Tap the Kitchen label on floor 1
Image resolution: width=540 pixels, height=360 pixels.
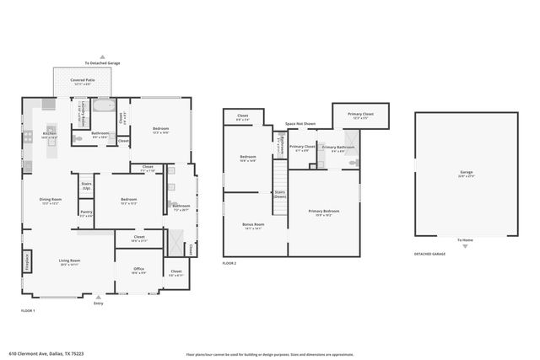tap(50, 134)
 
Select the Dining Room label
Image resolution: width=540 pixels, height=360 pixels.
tap(50, 201)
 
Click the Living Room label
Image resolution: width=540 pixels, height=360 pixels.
tap(69, 262)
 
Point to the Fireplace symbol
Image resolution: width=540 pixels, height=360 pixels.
tap(27, 261)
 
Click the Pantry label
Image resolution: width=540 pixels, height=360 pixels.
tap(86, 214)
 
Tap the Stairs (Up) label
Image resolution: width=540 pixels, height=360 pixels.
tap(86, 185)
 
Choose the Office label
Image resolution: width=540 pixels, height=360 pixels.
tap(138, 271)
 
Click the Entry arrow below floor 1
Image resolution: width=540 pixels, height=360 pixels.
tap(99, 297)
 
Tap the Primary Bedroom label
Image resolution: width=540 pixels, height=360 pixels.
tap(324, 212)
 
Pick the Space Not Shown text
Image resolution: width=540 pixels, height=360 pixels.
tap(300, 124)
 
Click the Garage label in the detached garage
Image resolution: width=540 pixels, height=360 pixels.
tap(466, 174)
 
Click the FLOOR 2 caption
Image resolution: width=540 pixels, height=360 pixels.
tap(229, 264)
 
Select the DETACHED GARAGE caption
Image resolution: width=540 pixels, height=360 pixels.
tap(429, 254)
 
